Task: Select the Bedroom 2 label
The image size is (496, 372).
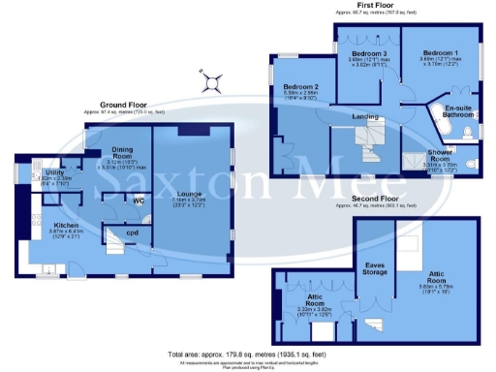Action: pyautogui.click(x=301, y=88)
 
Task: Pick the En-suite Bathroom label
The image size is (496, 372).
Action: pyautogui.click(x=457, y=110)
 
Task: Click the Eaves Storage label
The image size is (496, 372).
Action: pyautogui.click(x=375, y=266)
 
